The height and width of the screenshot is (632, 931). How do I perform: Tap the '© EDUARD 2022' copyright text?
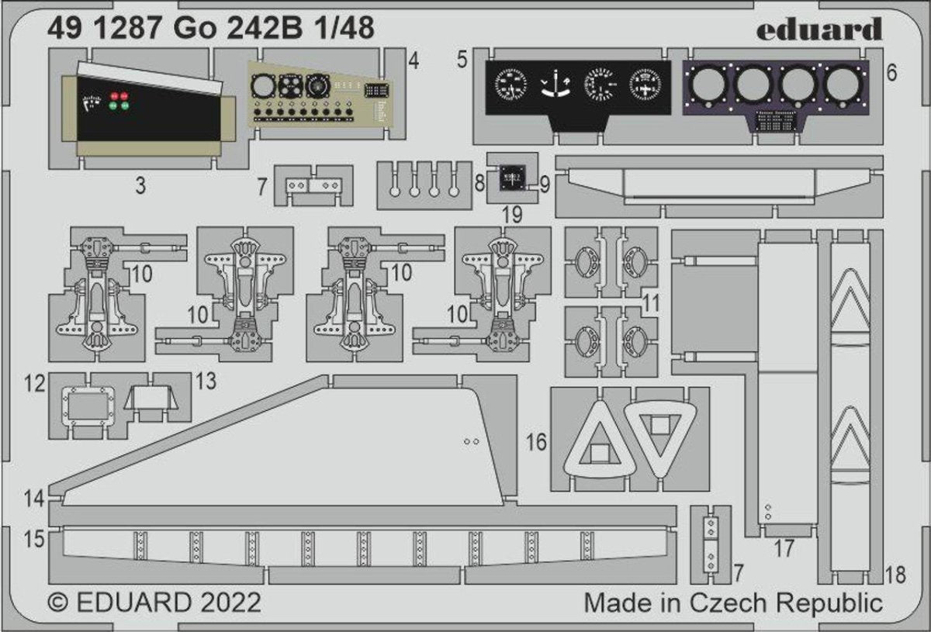pos(154,602)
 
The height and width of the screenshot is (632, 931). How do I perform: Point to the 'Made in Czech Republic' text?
pos(733,602)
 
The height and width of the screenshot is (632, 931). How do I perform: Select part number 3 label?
pos(140,185)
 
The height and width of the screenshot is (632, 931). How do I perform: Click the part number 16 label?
pos(536,443)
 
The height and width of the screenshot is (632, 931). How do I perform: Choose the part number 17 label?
pos(784,549)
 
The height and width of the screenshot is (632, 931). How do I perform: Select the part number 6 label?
pos(891,74)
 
